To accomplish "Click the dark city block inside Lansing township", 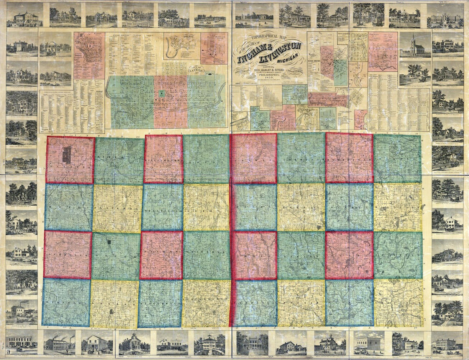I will (67, 155).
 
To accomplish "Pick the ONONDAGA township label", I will (66, 302).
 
